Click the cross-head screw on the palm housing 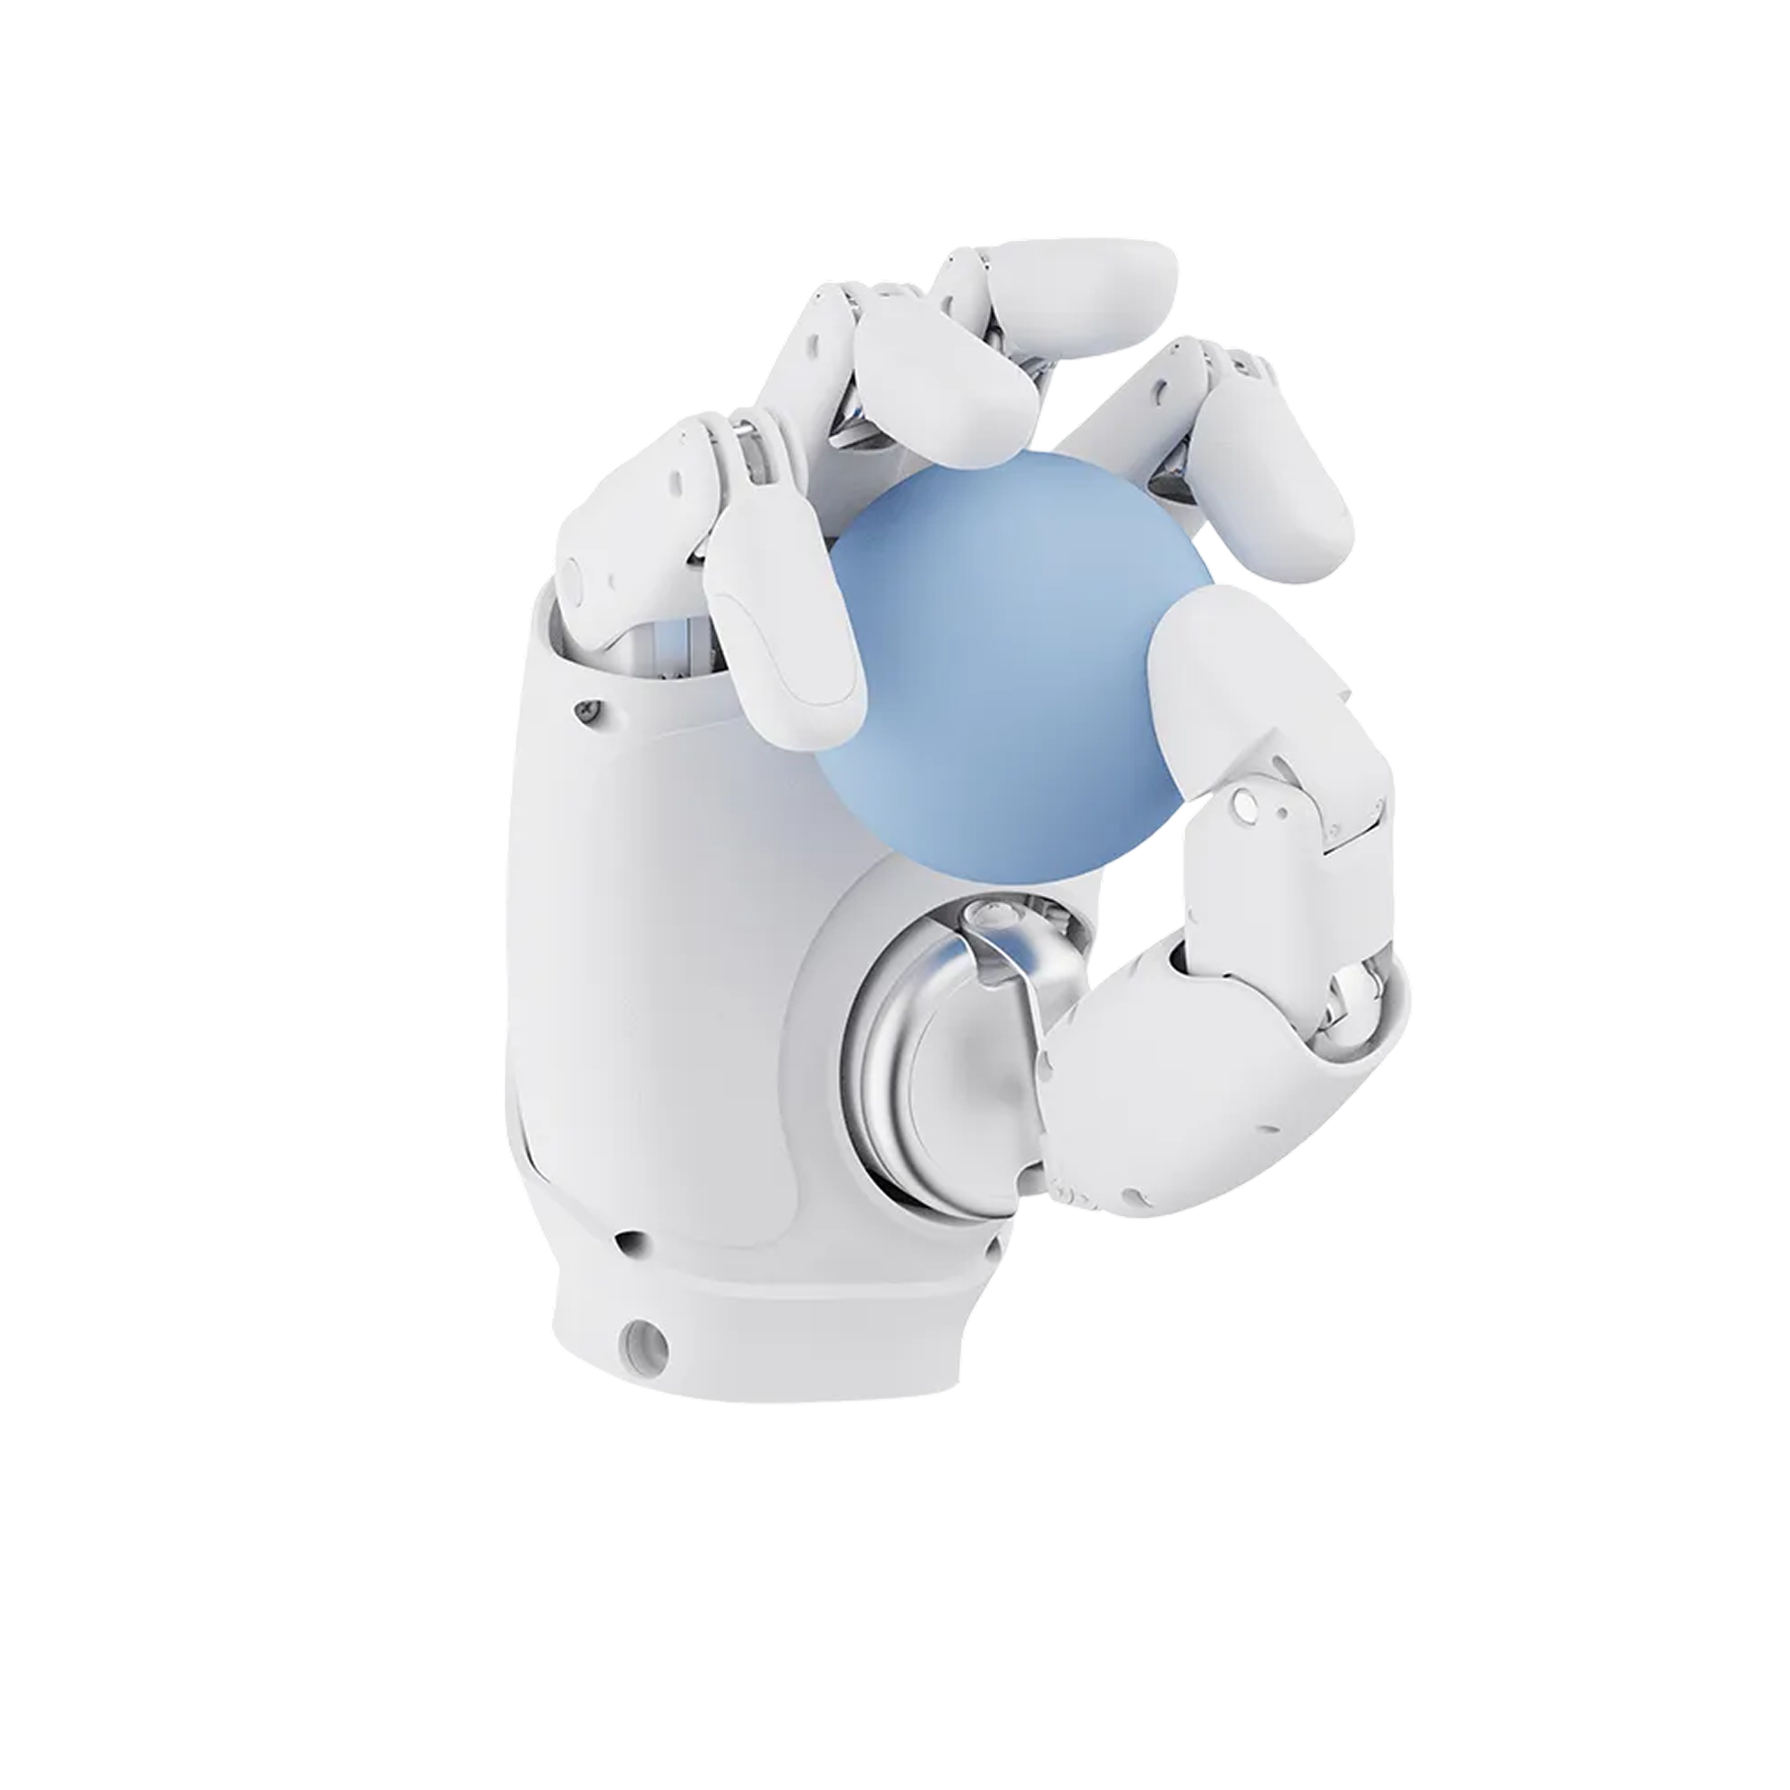pyautogui.click(x=586, y=711)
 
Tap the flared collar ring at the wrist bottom pyautogui.click(x=760, y=1334)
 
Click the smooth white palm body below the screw pyautogui.click(x=649, y=926)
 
